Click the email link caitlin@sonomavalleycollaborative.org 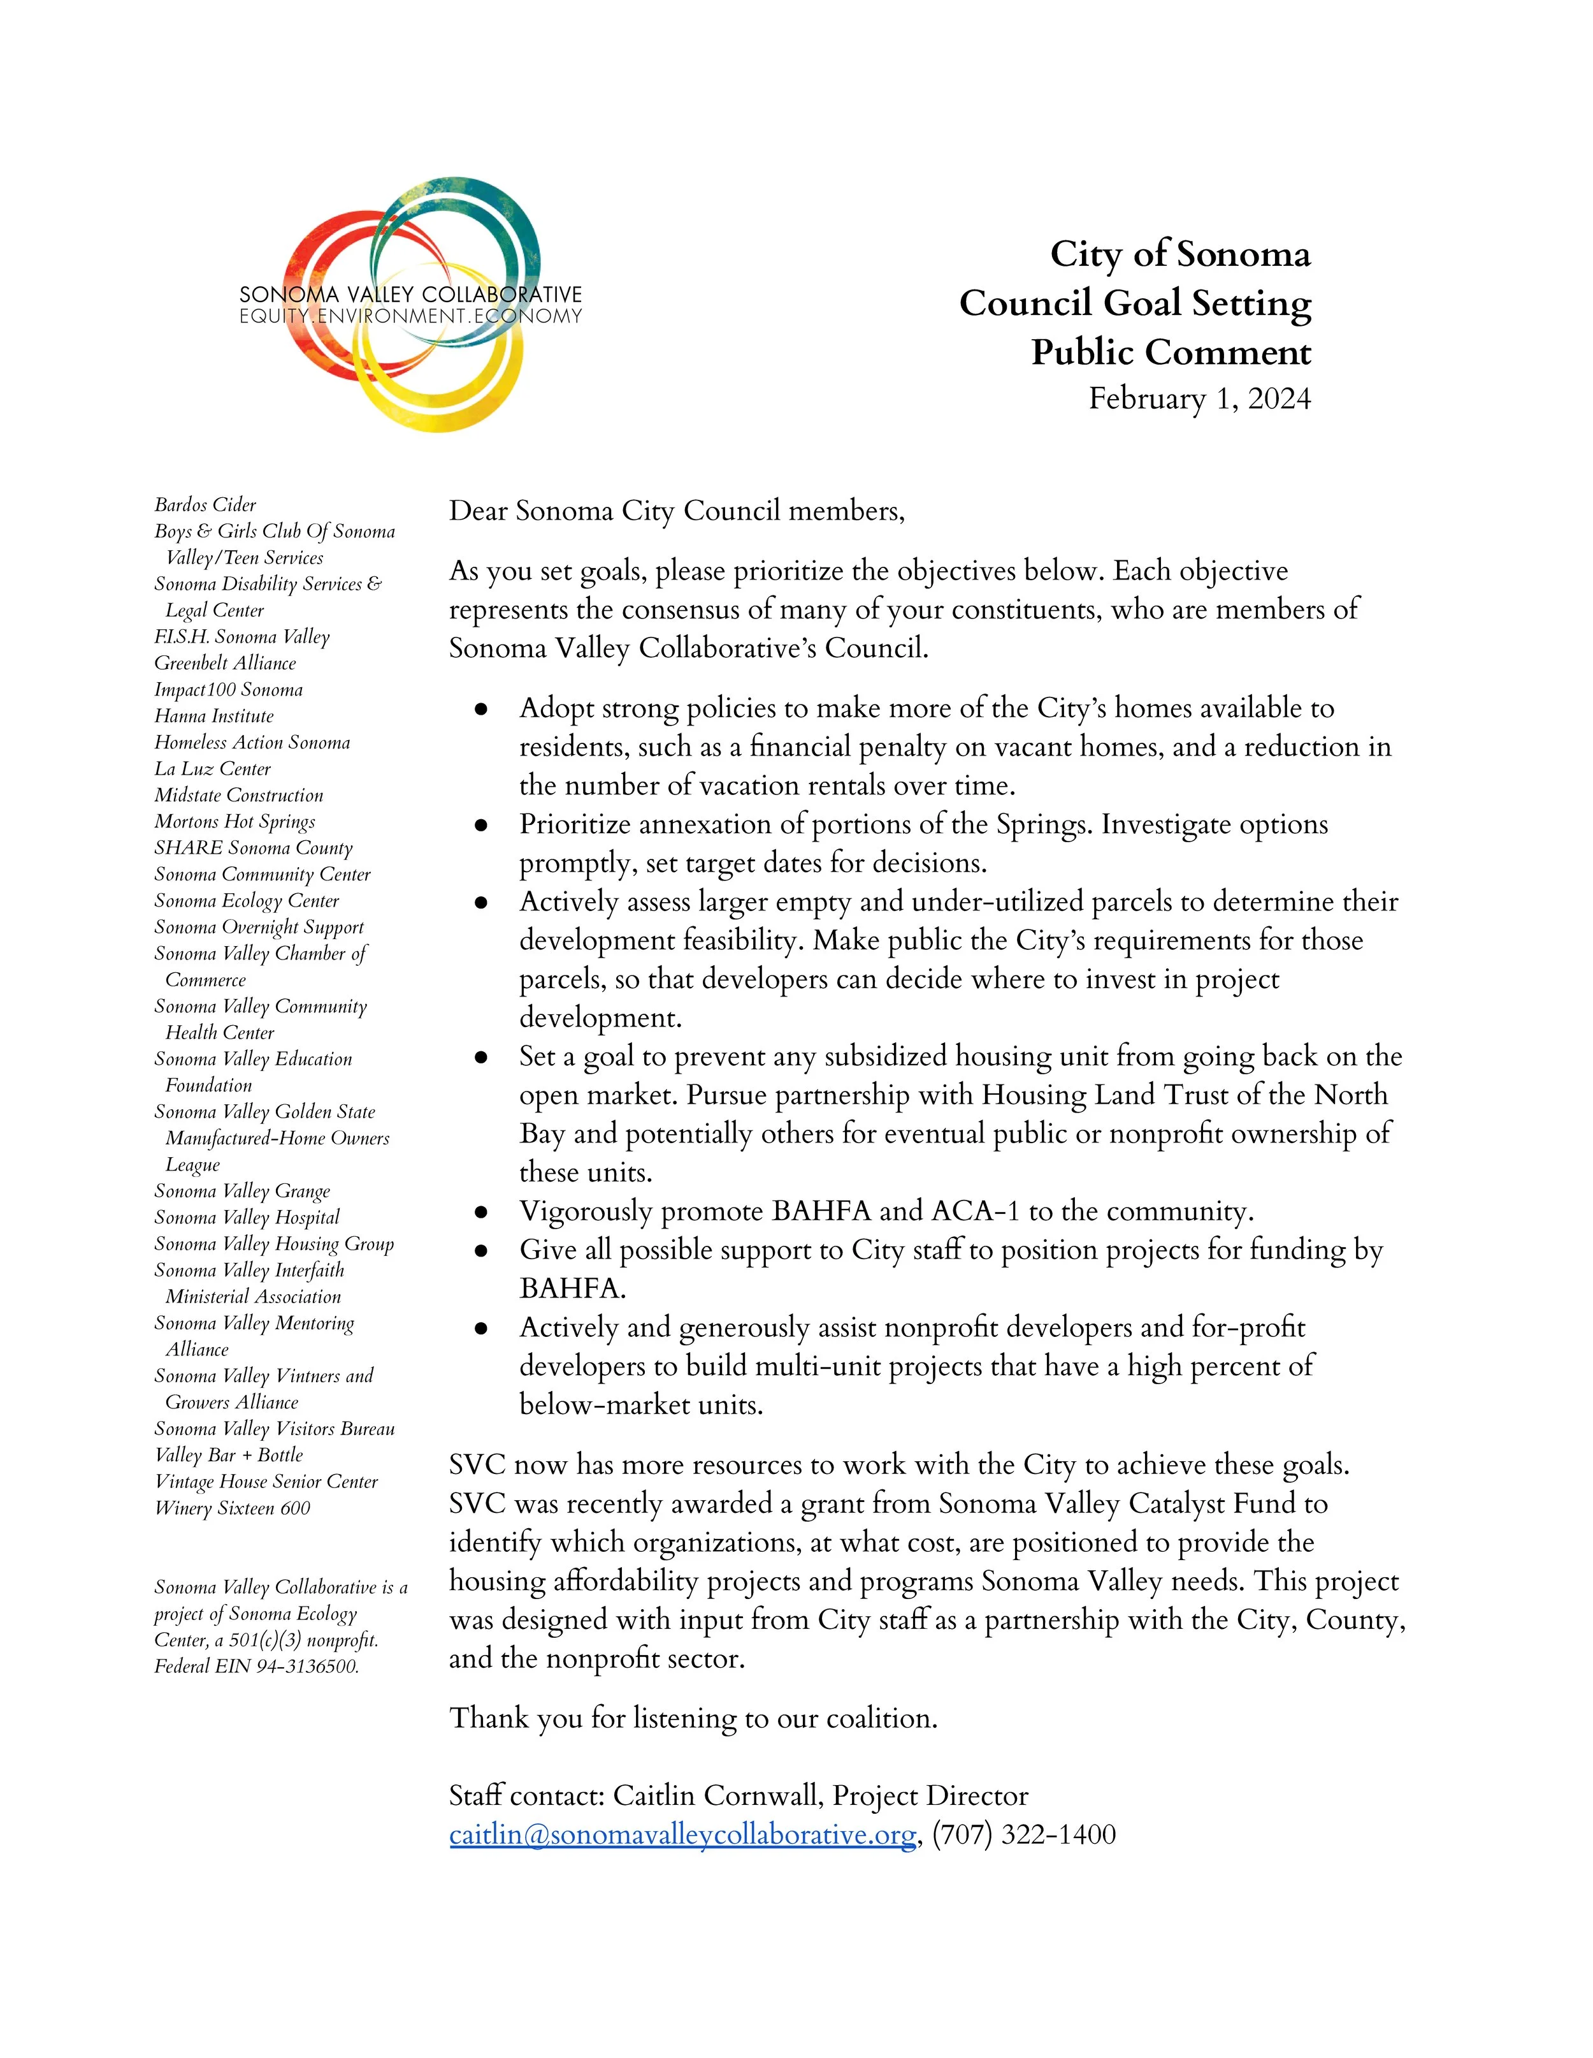[682, 1835]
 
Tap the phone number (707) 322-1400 [1024, 1835]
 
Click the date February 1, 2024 [1199, 398]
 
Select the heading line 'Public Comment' [1171, 353]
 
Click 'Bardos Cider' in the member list [205, 505]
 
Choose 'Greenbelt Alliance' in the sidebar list [225, 664]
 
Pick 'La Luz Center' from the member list [213, 769]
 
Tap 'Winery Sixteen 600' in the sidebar [233, 1508]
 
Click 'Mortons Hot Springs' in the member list [234, 822]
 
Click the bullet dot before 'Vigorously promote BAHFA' [481, 1213]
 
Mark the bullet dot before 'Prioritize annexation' [481, 826]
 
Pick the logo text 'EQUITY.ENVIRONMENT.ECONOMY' [411, 317]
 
